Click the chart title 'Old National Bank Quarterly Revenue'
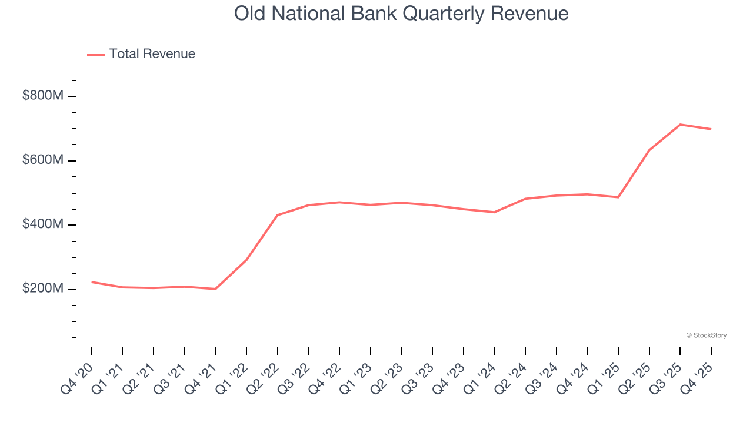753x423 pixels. point(401,14)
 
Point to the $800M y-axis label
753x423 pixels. point(42,96)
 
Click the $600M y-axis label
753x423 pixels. point(42,160)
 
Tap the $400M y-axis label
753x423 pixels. point(42,224)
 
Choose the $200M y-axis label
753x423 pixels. point(42,289)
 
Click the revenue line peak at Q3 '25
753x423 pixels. point(680,125)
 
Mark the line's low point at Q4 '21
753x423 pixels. point(215,289)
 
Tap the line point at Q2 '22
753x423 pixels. point(277,215)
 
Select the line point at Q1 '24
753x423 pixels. point(494,212)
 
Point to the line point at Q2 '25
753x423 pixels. point(649,150)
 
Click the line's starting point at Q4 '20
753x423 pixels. point(92,282)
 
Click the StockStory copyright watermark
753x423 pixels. point(706,335)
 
